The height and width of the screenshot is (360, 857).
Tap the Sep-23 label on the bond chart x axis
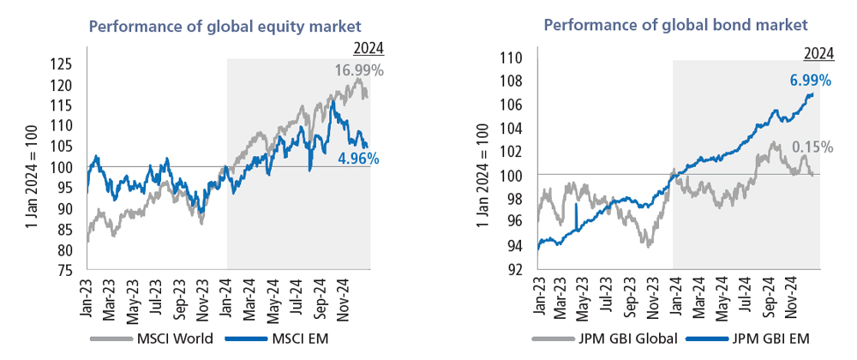pyautogui.click(x=633, y=299)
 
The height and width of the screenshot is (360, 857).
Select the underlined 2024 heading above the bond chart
pyautogui.click(x=818, y=52)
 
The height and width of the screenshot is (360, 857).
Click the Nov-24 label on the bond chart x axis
pyautogui.click(x=789, y=299)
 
